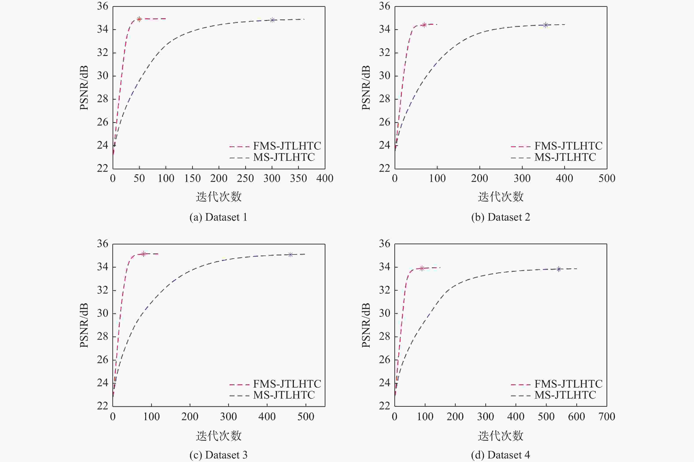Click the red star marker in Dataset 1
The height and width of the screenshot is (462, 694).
click(139, 19)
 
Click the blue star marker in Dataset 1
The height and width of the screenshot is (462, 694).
click(272, 20)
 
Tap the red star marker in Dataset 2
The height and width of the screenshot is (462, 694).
click(424, 25)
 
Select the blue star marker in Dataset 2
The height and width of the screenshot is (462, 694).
click(546, 25)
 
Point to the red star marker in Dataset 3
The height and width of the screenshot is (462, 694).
click(144, 254)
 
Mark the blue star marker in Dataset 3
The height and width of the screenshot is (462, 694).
click(290, 255)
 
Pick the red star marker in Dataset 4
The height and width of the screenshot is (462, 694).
click(422, 268)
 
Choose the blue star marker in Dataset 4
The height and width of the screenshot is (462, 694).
click(558, 269)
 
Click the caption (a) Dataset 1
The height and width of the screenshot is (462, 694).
click(218, 217)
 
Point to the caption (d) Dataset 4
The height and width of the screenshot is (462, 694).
click(500, 455)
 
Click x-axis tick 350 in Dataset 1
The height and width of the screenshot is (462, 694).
click(298, 178)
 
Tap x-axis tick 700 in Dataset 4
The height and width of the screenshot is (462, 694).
click(607, 416)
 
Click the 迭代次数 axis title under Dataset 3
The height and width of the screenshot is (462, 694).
click(219, 436)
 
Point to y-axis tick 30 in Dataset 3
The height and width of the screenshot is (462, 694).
click(103, 313)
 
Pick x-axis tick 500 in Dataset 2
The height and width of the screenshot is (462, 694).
click(607, 178)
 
